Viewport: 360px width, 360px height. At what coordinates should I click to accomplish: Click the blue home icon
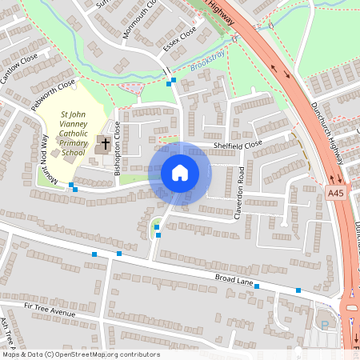pyautogui.click(x=180, y=173)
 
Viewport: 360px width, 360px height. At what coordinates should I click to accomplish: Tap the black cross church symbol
pyautogui.click(x=105, y=145)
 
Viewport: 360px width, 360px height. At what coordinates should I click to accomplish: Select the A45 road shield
pyautogui.click(x=336, y=192)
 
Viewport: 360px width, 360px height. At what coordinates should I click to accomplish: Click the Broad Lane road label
pyautogui.click(x=234, y=280)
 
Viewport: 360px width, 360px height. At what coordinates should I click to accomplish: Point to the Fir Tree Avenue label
pyautogui.click(x=50, y=310)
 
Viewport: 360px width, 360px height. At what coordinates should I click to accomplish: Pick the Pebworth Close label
pyautogui.click(x=53, y=94)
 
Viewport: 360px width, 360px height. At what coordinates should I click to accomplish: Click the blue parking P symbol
pyautogui.click(x=324, y=324)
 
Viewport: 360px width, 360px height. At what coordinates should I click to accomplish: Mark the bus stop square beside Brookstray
pyautogui.click(x=170, y=81)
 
